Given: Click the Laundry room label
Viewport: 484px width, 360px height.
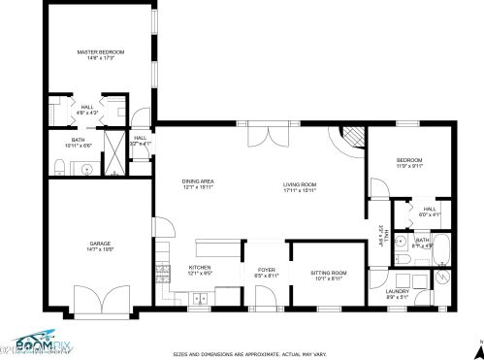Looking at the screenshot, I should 397,291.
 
